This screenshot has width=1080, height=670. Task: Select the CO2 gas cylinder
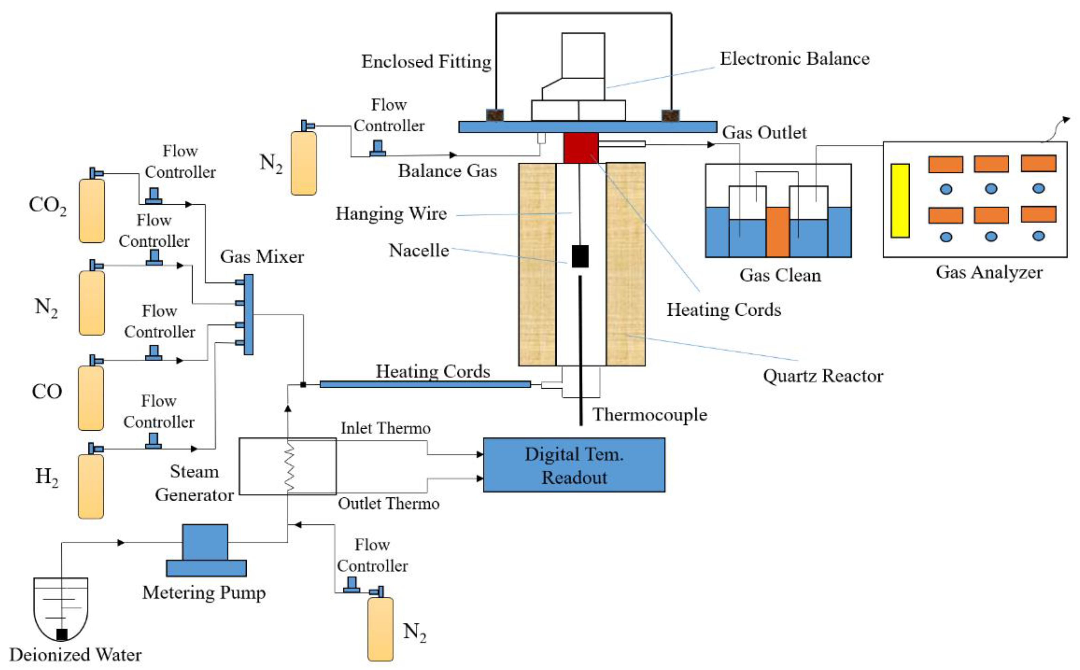click(92, 211)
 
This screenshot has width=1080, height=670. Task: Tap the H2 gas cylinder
click(91, 486)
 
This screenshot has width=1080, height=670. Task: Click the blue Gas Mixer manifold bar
click(248, 314)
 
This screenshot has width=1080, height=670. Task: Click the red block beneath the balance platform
click(581, 148)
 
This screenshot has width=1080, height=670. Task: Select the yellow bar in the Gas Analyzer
click(900, 200)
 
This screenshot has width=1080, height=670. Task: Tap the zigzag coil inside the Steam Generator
click(289, 467)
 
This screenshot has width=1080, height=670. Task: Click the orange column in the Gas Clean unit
click(777, 232)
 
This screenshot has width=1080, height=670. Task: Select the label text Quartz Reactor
click(822, 376)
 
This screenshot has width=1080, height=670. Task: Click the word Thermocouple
click(650, 415)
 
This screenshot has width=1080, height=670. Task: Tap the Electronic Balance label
click(794, 59)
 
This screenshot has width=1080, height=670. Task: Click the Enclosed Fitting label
click(426, 62)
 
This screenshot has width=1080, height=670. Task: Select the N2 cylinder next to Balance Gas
click(303, 163)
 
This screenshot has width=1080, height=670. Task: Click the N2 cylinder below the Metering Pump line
click(380, 628)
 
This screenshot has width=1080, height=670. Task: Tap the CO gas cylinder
click(91, 397)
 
